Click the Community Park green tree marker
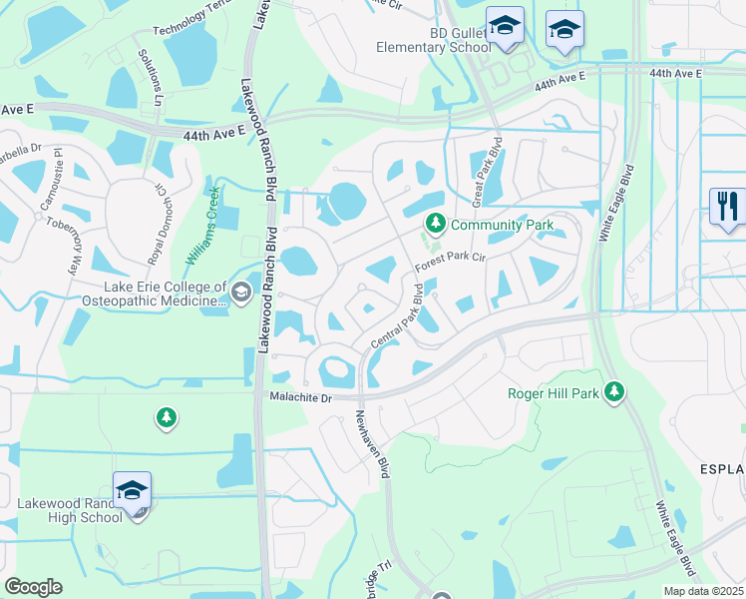pyautogui.click(x=434, y=223)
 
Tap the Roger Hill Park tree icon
pyautogui.click(x=615, y=392)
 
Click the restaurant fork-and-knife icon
pyautogui.click(x=726, y=208)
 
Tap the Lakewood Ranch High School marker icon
pyautogui.click(x=132, y=490)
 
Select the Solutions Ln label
pyautogui.click(x=151, y=77)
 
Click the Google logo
pyautogui.click(x=33, y=587)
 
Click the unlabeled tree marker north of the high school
pyautogui.click(x=167, y=417)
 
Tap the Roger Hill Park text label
pyautogui.click(x=553, y=393)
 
